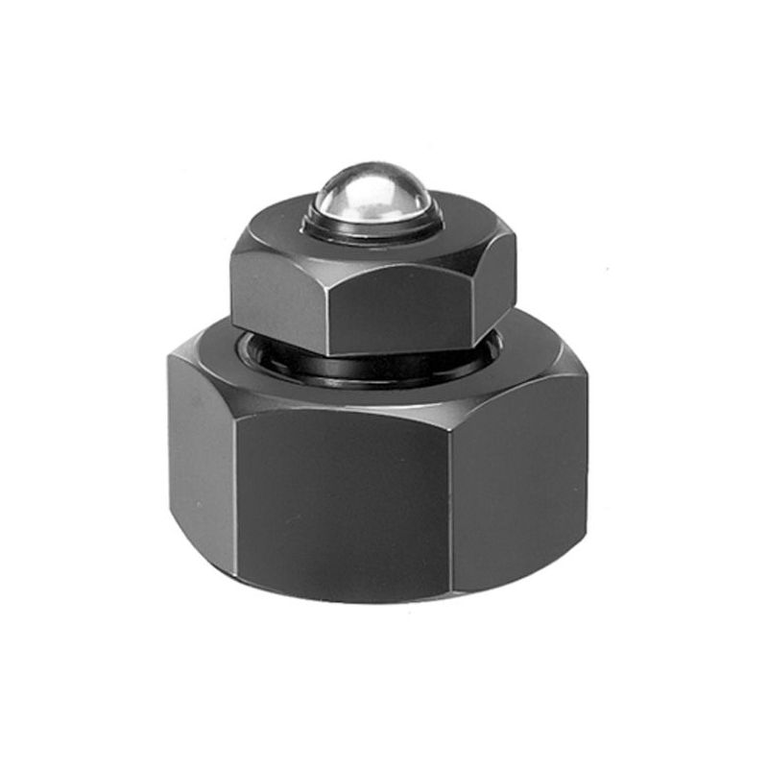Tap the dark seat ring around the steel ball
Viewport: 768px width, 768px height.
pos(375,231)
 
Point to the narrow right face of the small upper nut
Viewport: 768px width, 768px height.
pos(494,288)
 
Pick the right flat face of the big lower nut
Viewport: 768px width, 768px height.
pos(518,480)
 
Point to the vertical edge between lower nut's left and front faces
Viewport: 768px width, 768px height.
pos(234,480)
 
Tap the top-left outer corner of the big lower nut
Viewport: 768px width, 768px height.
pos(171,355)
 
